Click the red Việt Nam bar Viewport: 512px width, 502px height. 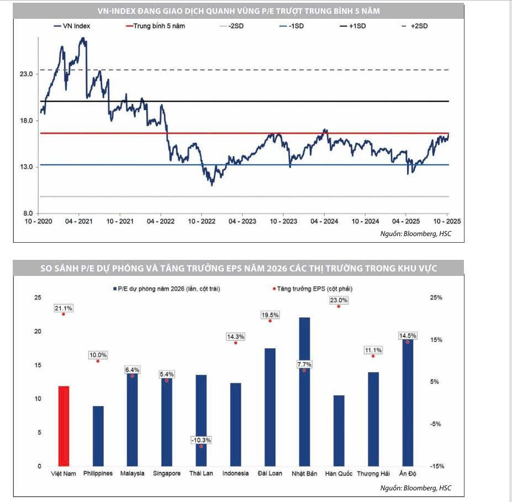[64, 426]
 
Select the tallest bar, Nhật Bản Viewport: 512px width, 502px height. [304, 391]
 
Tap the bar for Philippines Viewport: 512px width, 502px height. [98, 436]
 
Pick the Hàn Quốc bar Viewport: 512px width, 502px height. [339, 430]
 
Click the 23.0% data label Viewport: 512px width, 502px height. [339, 300]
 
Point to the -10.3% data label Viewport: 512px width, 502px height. [201, 440]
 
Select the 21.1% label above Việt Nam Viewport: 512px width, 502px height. [64, 308]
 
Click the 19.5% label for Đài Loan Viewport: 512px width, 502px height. [270, 315]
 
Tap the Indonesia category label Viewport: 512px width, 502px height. [236, 473]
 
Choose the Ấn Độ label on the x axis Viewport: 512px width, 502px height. [408, 473]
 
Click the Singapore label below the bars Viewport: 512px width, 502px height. [167, 473]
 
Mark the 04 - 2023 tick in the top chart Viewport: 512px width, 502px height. [242, 221]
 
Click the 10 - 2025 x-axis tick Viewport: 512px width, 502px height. [447, 221]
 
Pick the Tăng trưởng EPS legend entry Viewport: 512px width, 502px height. [313, 289]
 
